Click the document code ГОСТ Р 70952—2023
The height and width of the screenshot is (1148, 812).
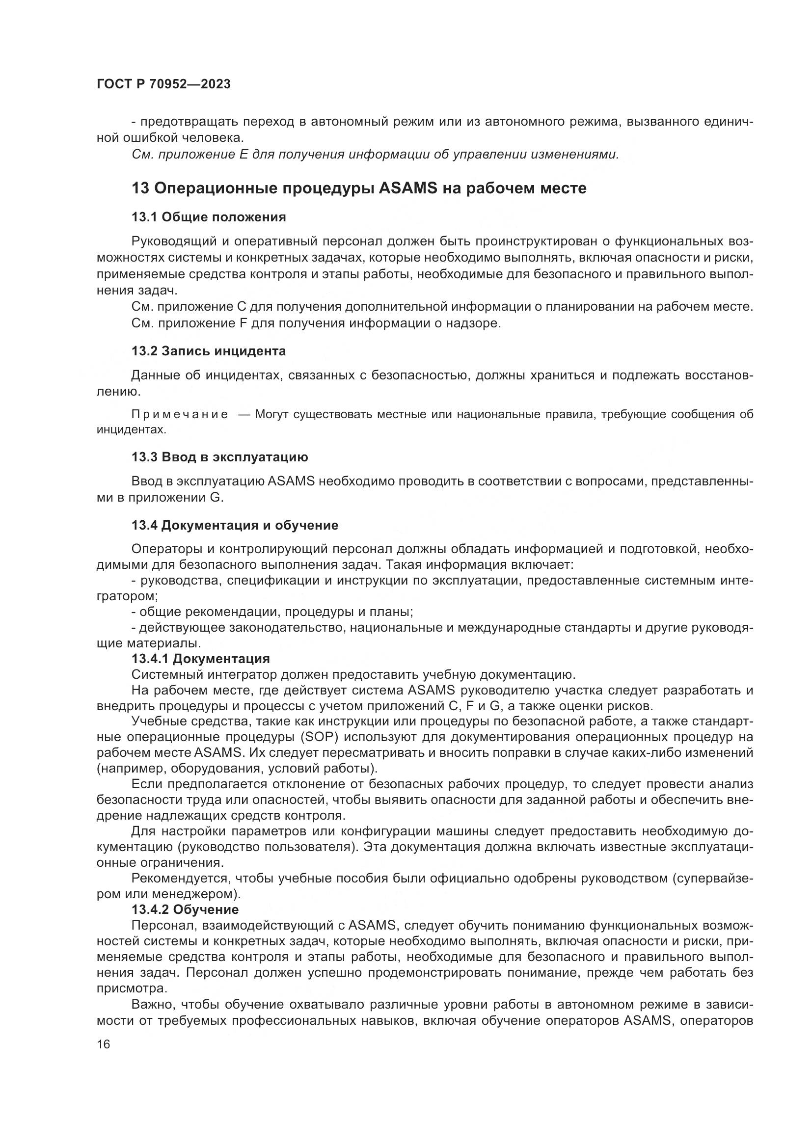[163, 84]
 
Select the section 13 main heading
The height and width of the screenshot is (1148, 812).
[358, 188]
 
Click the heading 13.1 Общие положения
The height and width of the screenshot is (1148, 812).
[209, 217]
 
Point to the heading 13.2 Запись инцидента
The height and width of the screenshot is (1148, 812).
[209, 351]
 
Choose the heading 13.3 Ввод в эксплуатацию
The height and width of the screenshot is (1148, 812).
[219, 457]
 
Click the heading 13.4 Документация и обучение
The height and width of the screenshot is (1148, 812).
[235, 525]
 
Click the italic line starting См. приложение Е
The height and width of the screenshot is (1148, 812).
[375, 155]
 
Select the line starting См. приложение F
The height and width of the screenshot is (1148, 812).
[316, 323]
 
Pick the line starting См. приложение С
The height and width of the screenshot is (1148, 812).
[441, 306]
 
